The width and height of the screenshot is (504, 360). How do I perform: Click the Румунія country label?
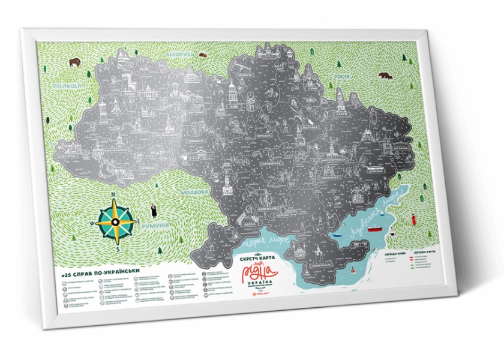(160, 227)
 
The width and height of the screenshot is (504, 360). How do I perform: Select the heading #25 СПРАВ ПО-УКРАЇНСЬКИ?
(100, 271)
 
